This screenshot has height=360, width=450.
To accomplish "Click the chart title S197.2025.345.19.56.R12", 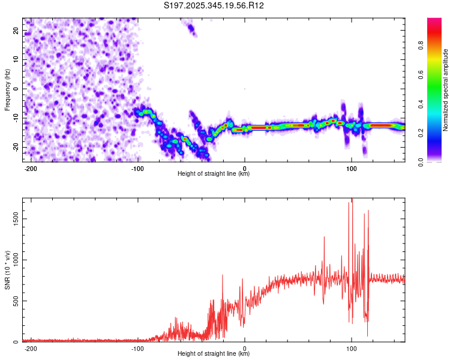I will click(x=214, y=5).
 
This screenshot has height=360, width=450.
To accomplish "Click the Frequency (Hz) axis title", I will click(x=7, y=90).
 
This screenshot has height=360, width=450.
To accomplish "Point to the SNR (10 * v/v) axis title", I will click(x=7, y=270).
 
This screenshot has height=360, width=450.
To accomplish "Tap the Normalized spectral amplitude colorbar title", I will click(x=446, y=90).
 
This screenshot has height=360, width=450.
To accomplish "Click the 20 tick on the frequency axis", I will click(x=16, y=30).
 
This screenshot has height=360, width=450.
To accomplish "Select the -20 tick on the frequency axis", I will click(x=15, y=147).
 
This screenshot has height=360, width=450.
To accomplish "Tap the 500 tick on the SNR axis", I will click(x=15, y=301).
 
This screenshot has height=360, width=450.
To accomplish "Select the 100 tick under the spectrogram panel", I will click(x=351, y=168).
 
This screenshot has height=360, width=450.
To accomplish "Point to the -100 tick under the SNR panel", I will click(x=137, y=348).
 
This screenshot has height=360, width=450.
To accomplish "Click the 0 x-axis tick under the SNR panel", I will click(x=245, y=348).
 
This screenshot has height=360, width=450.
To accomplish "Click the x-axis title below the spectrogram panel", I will click(x=214, y=174).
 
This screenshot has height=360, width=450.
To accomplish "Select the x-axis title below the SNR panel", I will click(x=214, y=354).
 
